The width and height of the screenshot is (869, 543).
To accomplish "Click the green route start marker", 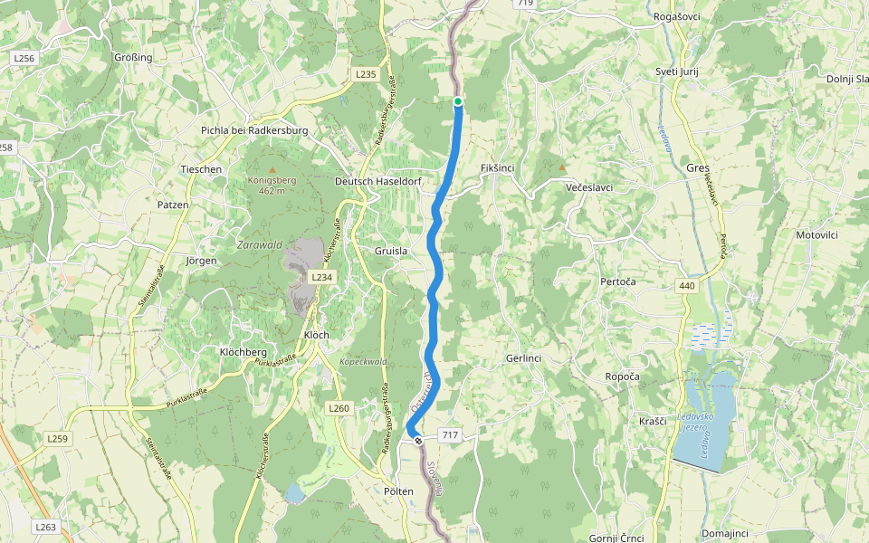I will coord(458,101).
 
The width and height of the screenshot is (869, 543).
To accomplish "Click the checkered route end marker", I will coord(417,442).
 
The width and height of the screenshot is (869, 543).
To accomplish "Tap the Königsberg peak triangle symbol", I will coord(272,169).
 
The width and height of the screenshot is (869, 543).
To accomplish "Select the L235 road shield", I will coord(365,74).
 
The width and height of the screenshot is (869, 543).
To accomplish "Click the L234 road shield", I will coord(321,277).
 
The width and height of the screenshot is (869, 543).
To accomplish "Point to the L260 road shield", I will coord(339,408).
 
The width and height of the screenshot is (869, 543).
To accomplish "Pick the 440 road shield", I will coord(686,286).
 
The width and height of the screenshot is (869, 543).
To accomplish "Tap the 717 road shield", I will coord(450,436).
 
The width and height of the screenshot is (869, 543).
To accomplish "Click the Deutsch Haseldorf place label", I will coord(378,182).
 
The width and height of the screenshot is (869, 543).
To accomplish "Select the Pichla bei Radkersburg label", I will coord(254,130).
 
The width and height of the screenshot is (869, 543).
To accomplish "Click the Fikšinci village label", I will coord(497,169).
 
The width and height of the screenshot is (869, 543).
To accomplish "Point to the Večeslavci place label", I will coord(589,187).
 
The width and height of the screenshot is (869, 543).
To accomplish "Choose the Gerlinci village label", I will coord(523,358).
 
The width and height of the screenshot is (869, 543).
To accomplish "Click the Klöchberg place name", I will coord(244,351).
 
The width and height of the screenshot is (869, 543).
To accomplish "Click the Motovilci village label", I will coord(816,234).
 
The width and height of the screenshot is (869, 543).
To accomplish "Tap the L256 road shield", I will coord(24,58).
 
